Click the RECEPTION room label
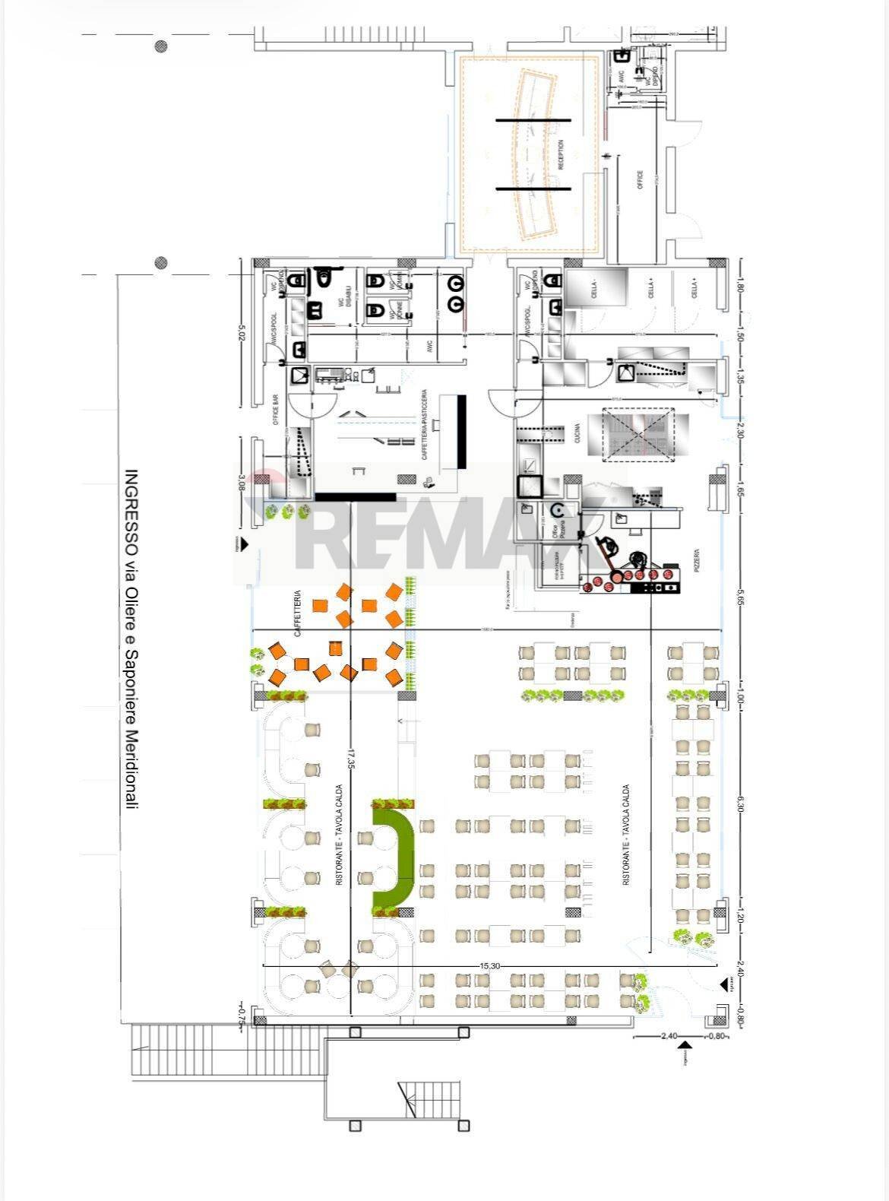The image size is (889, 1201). pyautogui.click(x=561, y=155)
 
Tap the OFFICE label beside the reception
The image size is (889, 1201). pyautogui.click(x=640, y=179)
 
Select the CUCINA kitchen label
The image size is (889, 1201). pyautogui.click(x=577, y=434)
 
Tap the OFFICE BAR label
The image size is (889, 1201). pyautogui.click(x=277, y=410)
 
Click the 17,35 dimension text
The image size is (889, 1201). pyautogui.click(x=350, y=759)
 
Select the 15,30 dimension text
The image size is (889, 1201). pyautogui.click(x=489, y=965)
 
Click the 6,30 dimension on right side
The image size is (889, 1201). pyautogui.click(x=739, y=804)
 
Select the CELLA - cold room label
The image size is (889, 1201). pyautogui.click(x=593, y=290)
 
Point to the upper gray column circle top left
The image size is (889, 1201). pyautogui.click(x=161, y=47)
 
